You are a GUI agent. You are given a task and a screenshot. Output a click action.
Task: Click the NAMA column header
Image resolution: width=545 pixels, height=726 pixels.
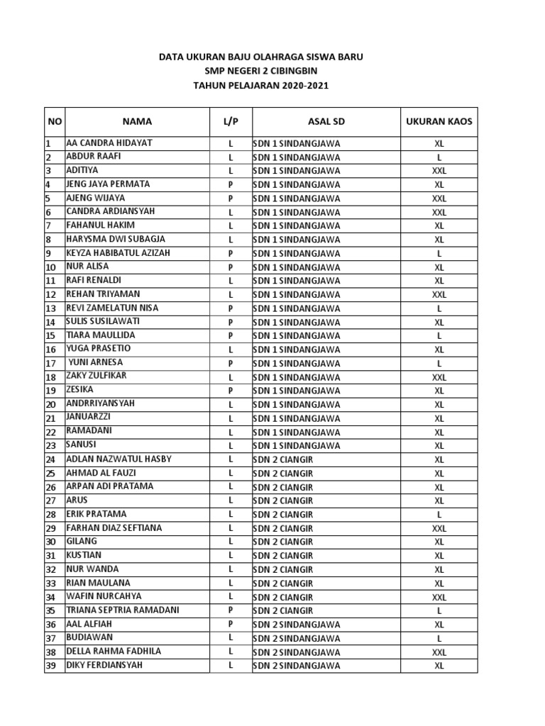coord(136,121)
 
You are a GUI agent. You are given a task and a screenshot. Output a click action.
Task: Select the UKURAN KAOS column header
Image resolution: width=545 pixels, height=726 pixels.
coord(439,121)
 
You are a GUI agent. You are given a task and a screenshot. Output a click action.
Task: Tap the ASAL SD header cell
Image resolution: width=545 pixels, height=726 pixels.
coord(326,121)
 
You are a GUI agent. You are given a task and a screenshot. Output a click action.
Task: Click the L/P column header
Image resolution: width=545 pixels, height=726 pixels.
coord(231,121)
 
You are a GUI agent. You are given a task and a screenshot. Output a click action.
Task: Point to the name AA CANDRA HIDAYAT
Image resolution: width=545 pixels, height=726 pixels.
coord(109,143)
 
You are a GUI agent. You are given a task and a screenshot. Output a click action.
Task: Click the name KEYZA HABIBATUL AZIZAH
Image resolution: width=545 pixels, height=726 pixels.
coord(118,253)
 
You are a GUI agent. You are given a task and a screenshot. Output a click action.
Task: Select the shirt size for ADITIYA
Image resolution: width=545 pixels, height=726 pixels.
coord(439,171)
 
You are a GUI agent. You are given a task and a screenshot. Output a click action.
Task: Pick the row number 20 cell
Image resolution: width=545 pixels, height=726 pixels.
coord(50,405)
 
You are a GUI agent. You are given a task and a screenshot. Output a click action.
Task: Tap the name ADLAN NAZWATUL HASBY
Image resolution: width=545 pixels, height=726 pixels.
coord(119,459)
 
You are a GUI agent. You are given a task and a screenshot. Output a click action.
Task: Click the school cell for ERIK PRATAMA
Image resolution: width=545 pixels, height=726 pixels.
coord(283,515)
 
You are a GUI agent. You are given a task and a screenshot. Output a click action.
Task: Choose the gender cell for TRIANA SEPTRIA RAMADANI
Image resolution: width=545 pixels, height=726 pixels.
coord(231,610)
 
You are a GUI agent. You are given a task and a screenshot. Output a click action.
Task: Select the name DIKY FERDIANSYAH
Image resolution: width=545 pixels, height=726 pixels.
coord(104,666)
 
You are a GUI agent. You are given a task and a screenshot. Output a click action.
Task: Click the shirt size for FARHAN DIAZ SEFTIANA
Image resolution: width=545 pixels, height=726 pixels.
coord(439,529)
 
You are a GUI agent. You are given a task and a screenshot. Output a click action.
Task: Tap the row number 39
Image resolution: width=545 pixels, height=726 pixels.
coord(50,666)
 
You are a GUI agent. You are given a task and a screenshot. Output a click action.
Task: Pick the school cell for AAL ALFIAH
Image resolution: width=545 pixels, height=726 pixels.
coord(296,625)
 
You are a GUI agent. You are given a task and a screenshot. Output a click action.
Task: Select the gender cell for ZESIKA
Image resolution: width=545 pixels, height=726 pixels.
coord(231,391)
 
